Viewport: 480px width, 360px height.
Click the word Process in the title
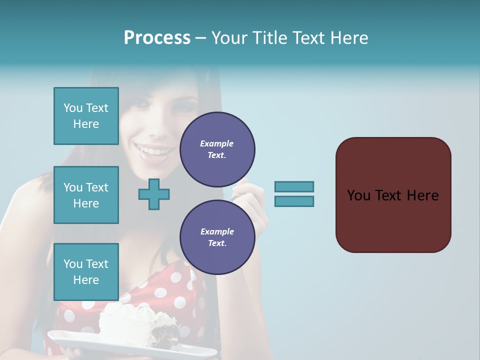click(157, 38)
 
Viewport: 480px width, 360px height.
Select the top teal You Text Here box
click(86, 116)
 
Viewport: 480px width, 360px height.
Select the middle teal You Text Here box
click(86, 195)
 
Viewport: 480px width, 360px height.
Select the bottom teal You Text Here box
click(86, 271)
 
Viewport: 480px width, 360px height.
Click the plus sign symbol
click(154, 194)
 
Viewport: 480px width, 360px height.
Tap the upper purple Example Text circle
click(217, 149)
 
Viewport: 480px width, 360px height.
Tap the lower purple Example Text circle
click(217, 237)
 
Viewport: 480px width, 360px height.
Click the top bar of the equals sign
click(294, 186)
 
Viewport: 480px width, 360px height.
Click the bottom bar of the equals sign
click(294, 201)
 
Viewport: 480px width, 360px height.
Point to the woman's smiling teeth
click(150, 150)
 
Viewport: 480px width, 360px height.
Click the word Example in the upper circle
click(217, 143)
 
